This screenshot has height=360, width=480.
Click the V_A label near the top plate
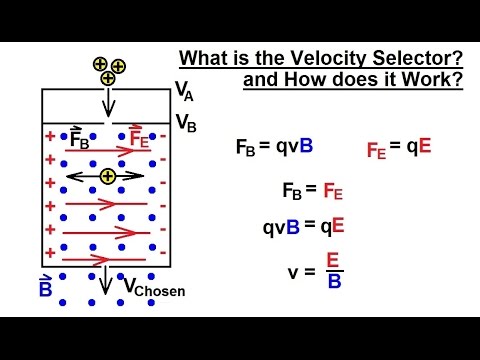click(185, 92)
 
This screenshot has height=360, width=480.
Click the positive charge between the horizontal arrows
click(108, 177)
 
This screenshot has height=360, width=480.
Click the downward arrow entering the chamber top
click(108, 104)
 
